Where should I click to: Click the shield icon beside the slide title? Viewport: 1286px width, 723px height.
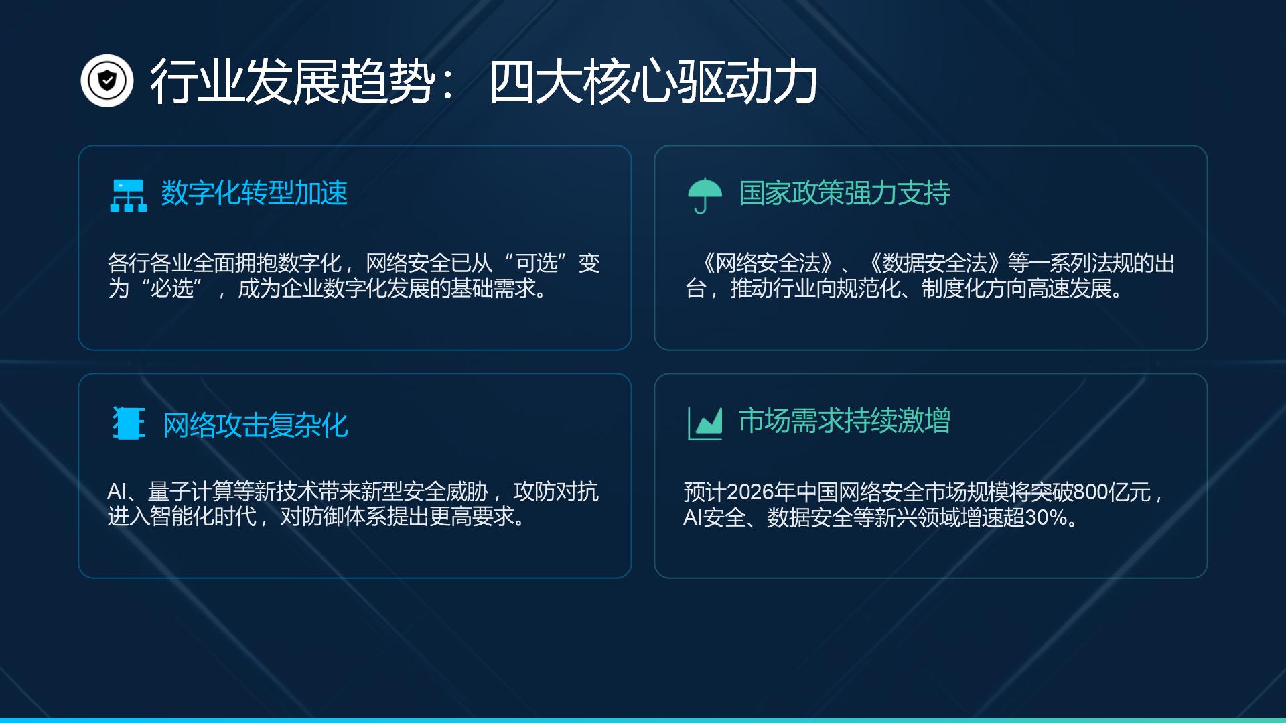pos(107,81)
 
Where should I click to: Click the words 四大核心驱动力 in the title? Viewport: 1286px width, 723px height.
pos(653,82)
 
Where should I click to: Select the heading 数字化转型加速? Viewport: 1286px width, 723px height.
pos(255,193)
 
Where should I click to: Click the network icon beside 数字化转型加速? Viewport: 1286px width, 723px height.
pos(128,196)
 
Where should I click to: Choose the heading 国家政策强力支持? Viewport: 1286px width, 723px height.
pos(845,193)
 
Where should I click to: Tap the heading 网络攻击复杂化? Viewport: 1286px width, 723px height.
pos(256,425)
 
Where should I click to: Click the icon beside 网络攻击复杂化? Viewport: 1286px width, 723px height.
pos(129,423)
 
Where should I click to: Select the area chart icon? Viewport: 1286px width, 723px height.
pos(705,423)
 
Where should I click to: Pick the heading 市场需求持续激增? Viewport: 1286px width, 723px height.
pos(845,421)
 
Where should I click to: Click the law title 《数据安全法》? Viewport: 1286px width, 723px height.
pos(936,263)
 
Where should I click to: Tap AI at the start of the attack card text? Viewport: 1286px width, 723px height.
pos(117,492)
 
